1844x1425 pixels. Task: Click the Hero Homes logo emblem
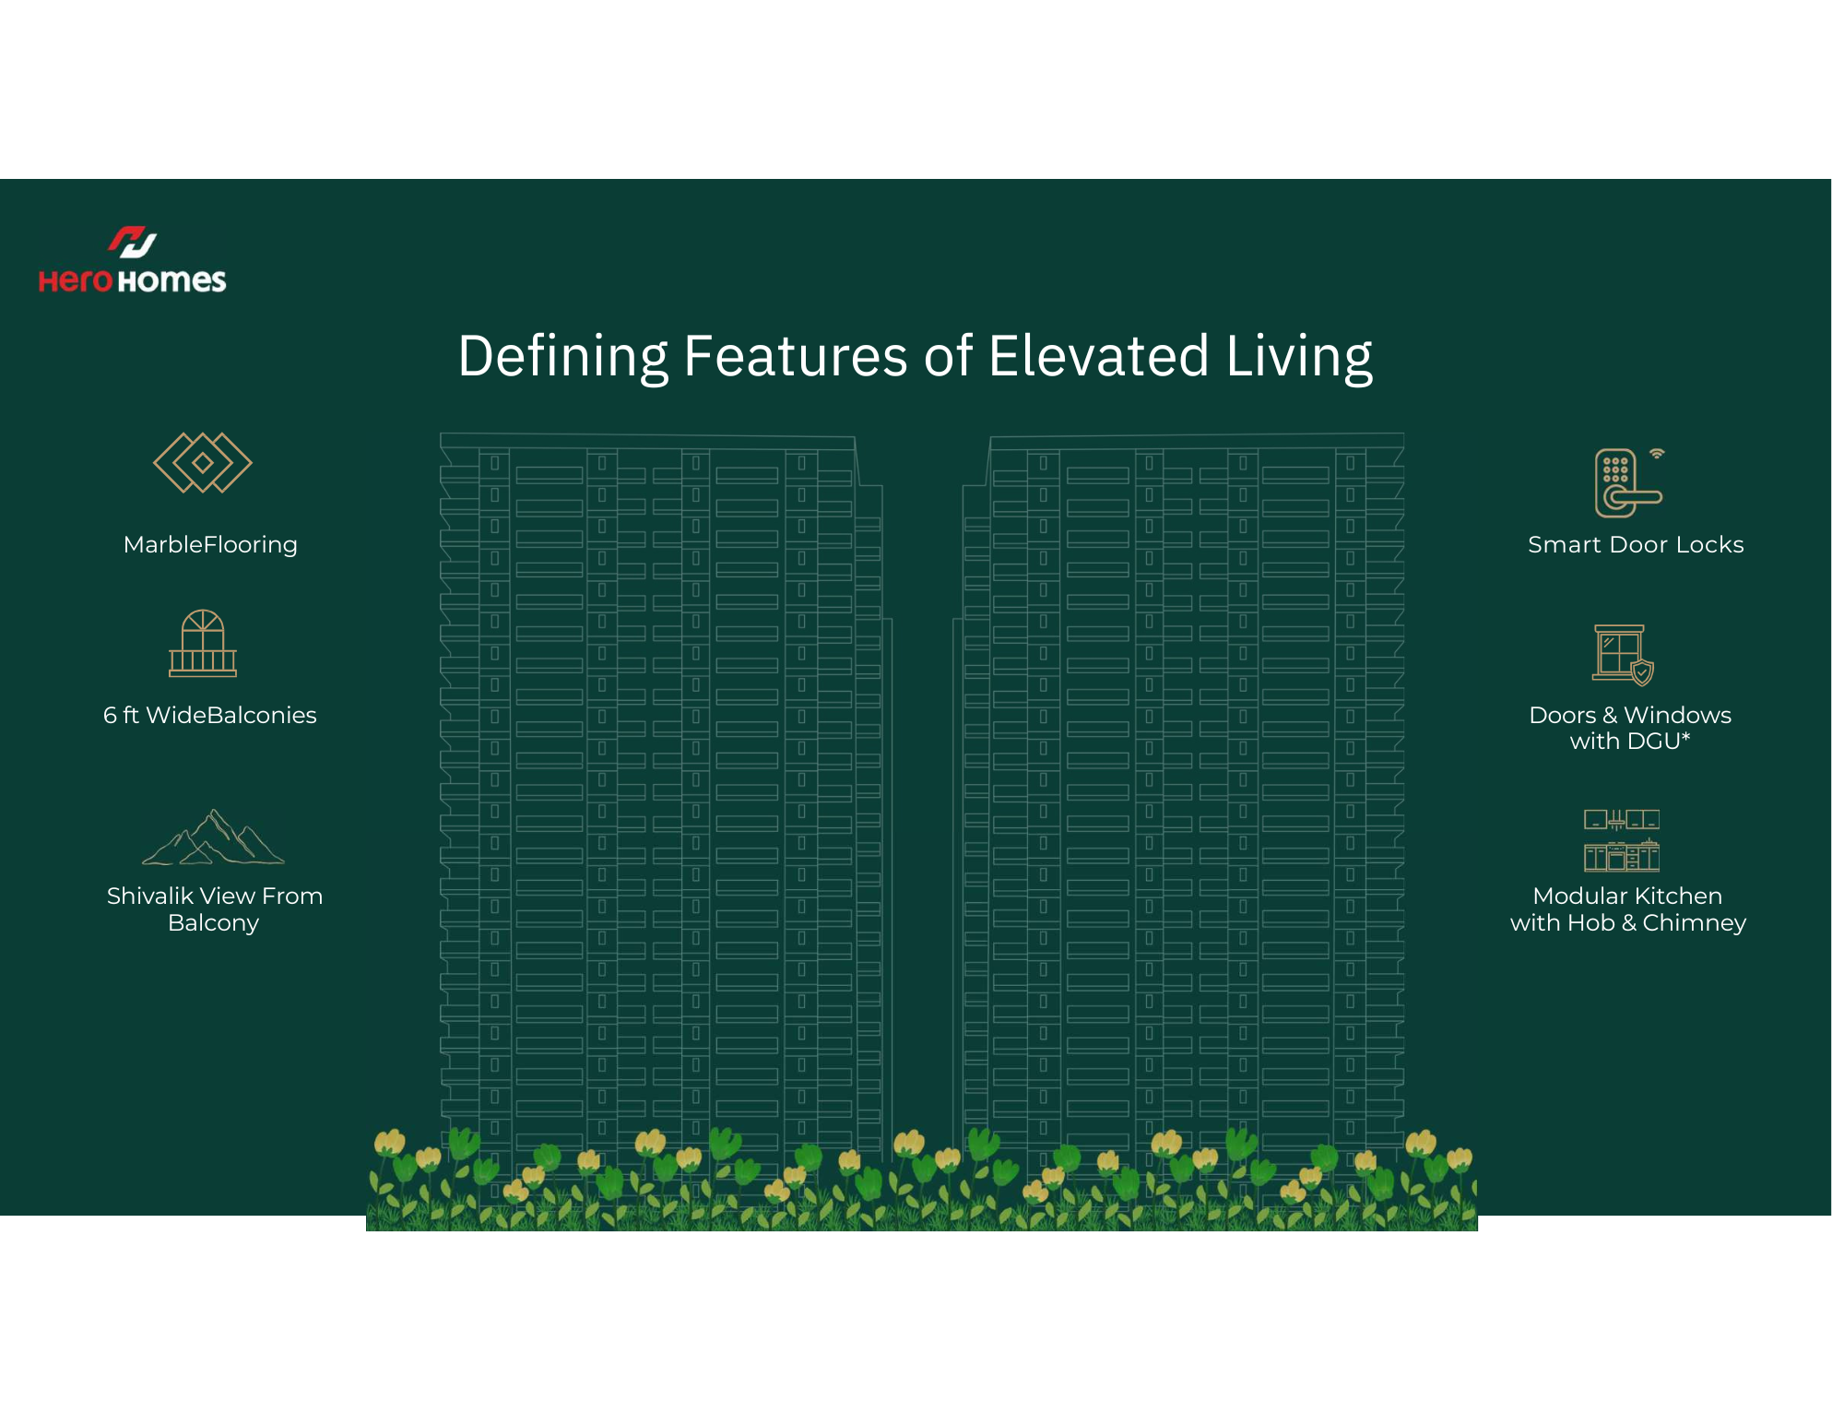click(x=133, y=242)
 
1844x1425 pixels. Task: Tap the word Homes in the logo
click(x=171, y=280)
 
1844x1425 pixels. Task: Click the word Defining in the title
click(x=562, y=357)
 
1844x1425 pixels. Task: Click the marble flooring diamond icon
click(x=203, y=462)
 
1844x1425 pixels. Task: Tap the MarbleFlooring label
click(x=210, y=545)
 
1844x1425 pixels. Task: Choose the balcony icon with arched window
click(x=203, y=643)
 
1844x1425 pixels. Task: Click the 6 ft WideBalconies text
click(x=210, y=715)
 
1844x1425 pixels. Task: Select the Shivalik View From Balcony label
click(x=214, y=909)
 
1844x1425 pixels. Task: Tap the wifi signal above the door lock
click(x=1657, y=453)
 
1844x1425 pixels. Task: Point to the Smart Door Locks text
click(x=1636, y=545)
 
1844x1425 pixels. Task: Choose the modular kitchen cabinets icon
click(x=1622, y=840)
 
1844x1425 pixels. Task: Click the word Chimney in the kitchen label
click(x=1695, y=923)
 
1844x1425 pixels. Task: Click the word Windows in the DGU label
click(x=1677, y=715)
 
